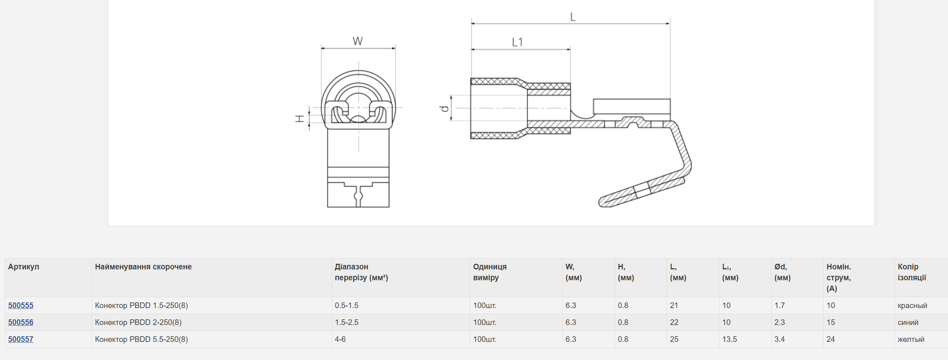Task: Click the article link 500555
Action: click(x=21, y=305)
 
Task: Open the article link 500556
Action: click(x=21, y=322)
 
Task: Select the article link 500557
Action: click(x=21, y=339)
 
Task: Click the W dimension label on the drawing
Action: click(x=357, y=41)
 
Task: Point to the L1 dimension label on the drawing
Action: click(x=517, y=42)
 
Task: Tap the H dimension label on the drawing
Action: click(x=300, y=118)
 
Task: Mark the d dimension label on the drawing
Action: click(x=444, y=108)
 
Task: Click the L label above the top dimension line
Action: click(x=573, y=17)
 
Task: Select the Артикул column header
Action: click(x=24, y=267)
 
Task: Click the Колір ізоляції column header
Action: click(x=912, y=272)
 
